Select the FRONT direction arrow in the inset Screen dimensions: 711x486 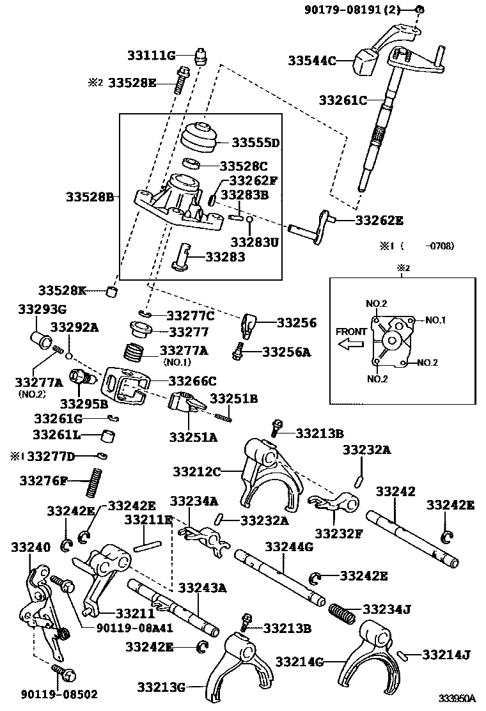[351, 345]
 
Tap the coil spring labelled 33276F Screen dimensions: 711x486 [94, 481]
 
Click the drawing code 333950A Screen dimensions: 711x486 [457, 700]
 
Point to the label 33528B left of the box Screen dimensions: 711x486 [90, 198]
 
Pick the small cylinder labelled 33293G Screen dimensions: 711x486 [42, 338]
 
